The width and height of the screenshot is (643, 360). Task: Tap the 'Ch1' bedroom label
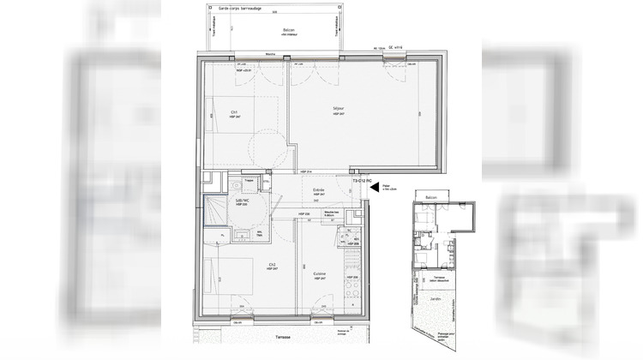[233, 112]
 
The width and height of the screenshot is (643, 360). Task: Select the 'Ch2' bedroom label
[247, 263]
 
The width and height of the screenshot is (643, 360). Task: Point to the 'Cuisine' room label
[319, 273]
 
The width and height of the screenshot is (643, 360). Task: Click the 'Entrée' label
[317, 190]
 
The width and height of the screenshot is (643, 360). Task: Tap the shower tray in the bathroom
[213, 209]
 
